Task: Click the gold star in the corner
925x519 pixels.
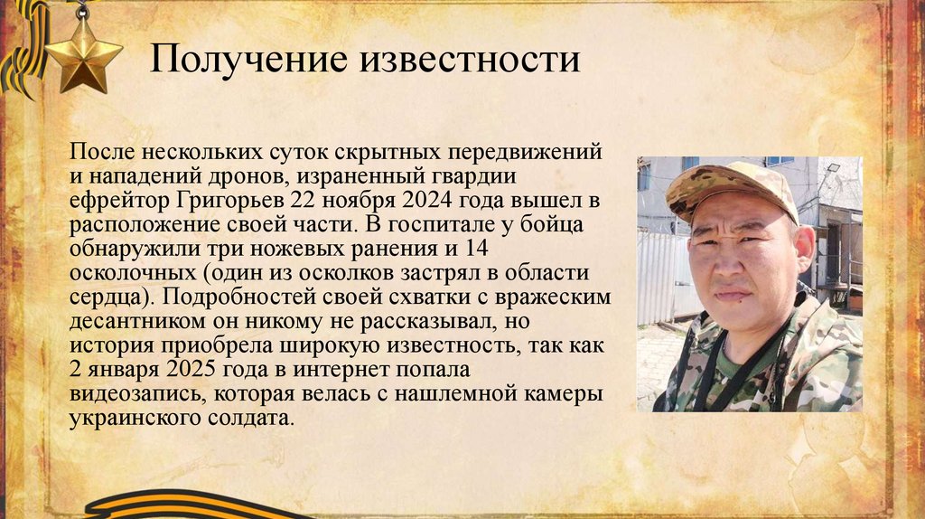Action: pos(83,56)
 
